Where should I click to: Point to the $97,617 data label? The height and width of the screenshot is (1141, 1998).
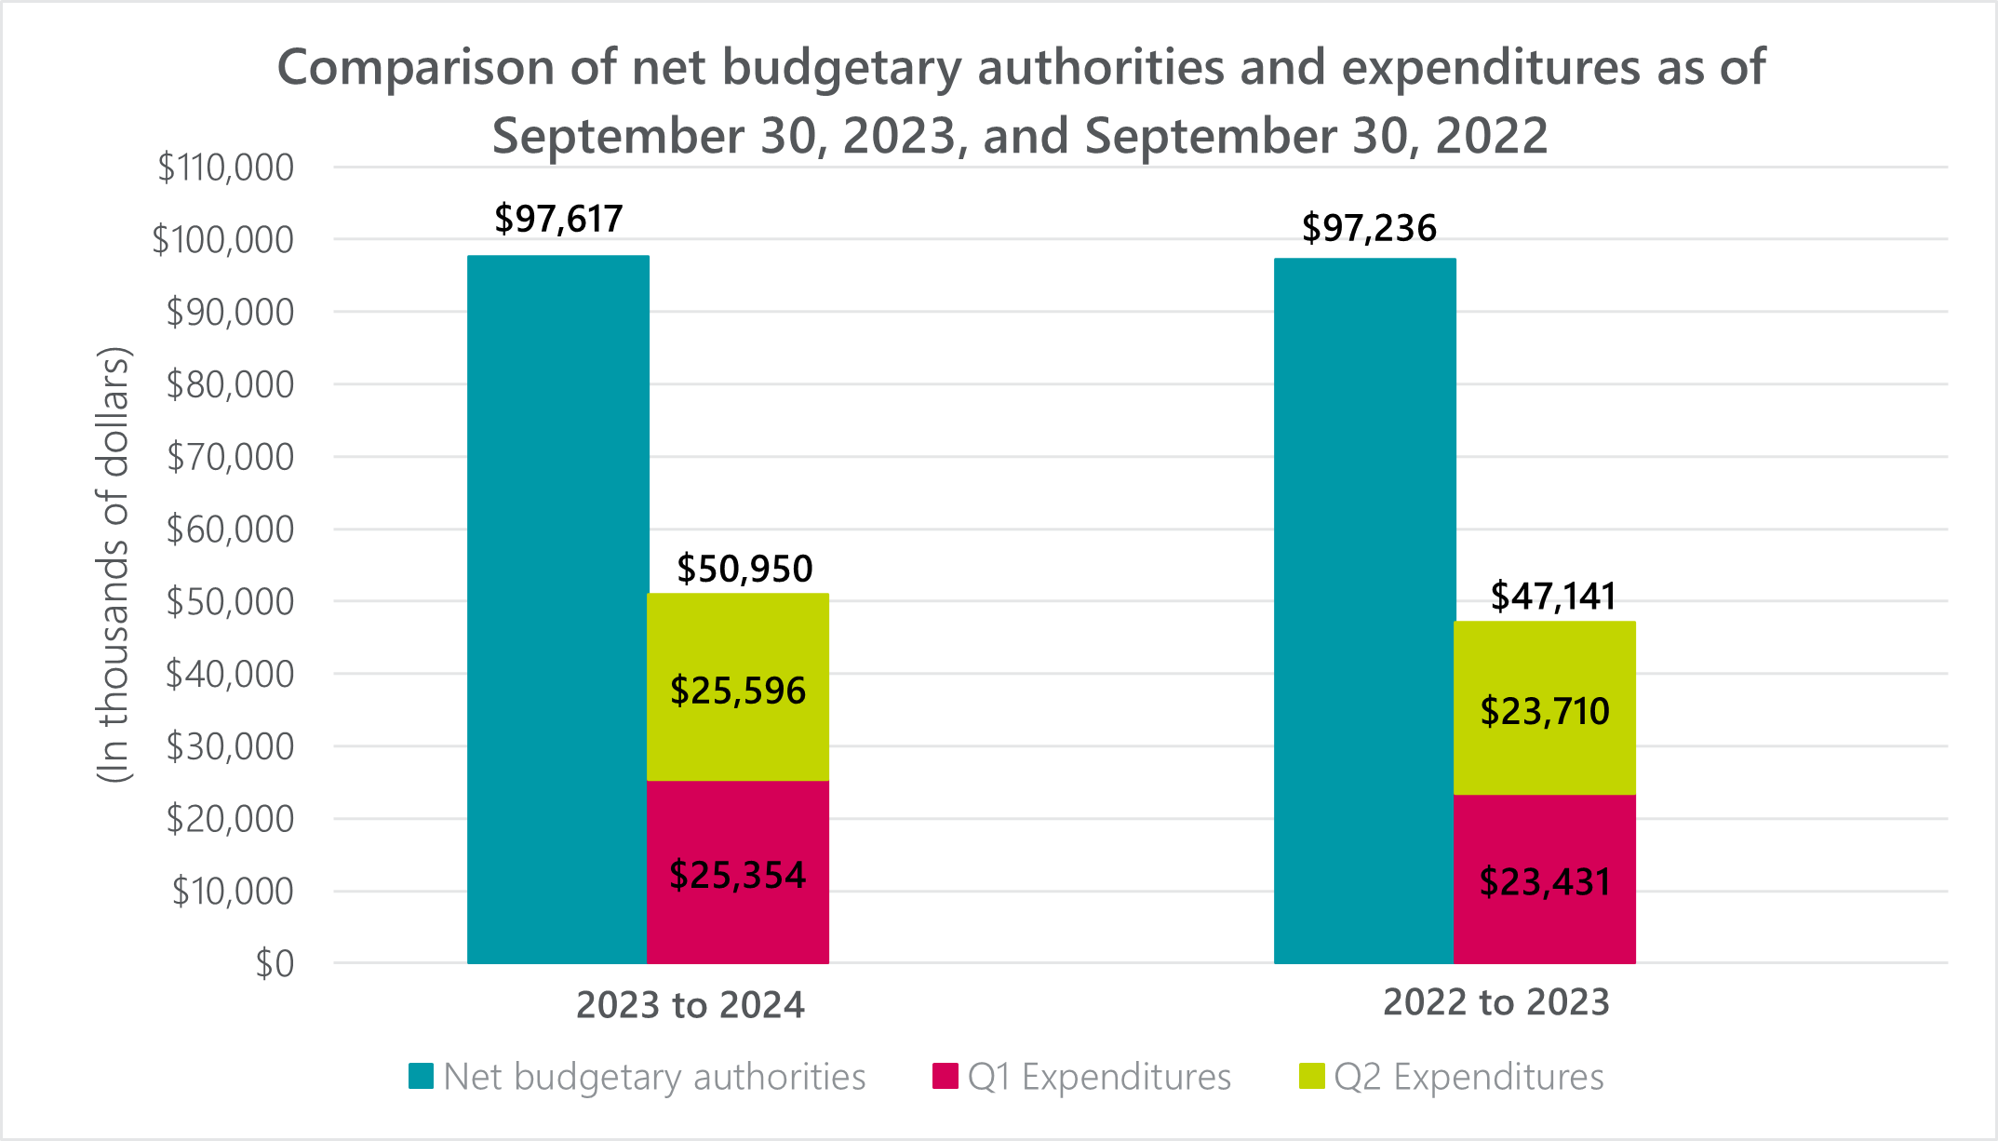coord(558,220)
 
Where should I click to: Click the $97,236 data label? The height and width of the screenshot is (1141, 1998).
coord(1369,229)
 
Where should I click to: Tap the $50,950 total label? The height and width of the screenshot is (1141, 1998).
coord(744,570)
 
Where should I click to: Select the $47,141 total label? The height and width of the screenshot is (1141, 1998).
coord(1553,597)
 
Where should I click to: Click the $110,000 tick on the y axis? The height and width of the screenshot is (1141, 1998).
coord(225,168)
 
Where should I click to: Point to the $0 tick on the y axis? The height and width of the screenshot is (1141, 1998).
coord(275,965)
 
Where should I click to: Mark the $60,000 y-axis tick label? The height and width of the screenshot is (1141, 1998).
coord(230,530)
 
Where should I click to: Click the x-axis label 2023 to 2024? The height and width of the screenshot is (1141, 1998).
coord(691,1006)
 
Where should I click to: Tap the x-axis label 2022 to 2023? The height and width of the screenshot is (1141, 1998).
coord(1496,1003)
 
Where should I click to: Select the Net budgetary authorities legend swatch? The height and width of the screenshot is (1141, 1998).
coord(422,1077)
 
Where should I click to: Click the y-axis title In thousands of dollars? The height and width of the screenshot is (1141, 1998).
coord(114,565)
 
